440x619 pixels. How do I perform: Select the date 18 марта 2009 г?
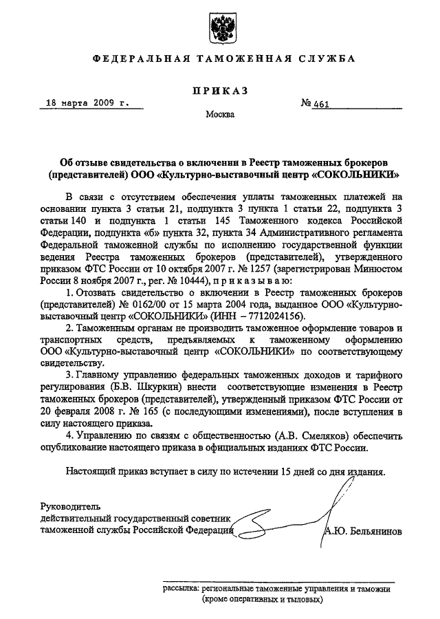(x=87, y=103)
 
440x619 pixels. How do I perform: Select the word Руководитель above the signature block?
(x=69, y=506)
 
